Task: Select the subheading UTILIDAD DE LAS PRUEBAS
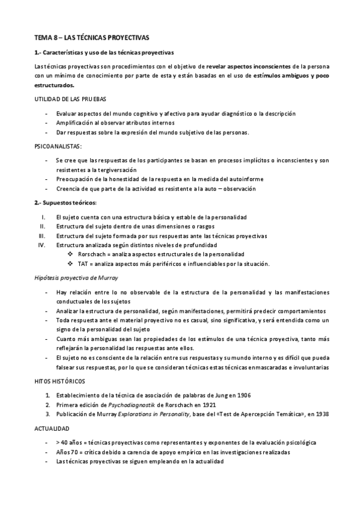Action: point(71,99)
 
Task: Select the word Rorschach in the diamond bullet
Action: point(93,254)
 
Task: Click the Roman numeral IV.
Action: point(42,245)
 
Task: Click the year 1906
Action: point(243,395)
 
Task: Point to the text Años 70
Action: point(69,452)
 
